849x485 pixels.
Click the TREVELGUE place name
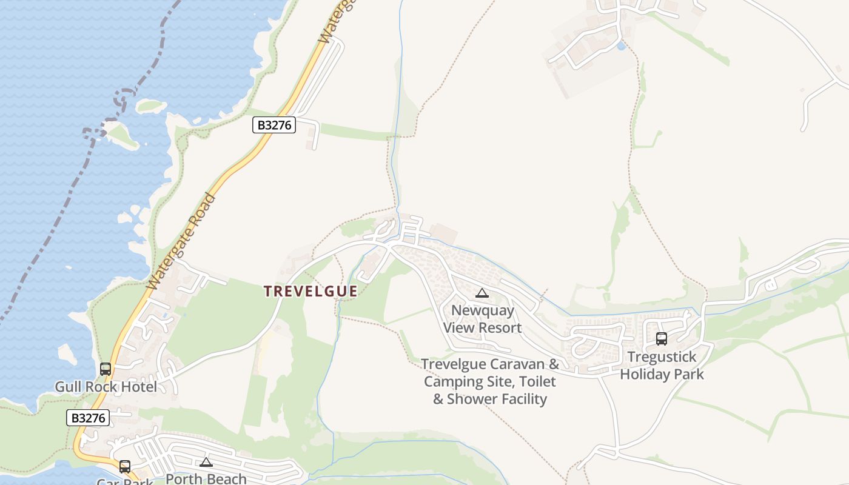click(310, 291)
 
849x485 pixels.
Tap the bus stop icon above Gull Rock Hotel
click(106, 369)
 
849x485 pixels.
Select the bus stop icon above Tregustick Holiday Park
click(662, 339)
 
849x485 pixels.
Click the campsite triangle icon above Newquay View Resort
click(482, 293)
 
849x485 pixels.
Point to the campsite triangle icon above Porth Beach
click(206, 462)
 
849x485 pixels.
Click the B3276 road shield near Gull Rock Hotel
click(88, 418)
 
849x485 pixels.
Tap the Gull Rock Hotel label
click(106, 387)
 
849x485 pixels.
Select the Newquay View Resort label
click(482, 319)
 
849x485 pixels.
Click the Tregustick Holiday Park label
click(662, 366)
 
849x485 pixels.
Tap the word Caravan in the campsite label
click(522, 364)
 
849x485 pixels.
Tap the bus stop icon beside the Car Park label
click(125, 467)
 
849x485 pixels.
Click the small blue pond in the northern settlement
click(620, 45)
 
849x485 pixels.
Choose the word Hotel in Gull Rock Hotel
click(139, 387)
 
